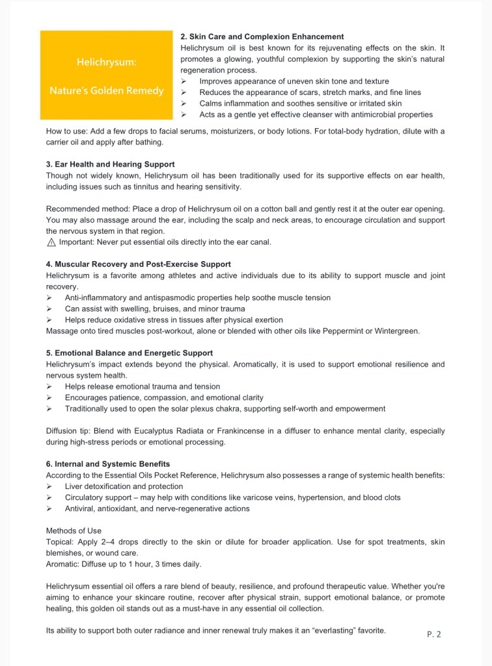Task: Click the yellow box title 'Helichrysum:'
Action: coord(107,62)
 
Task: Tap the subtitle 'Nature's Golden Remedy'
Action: coord(107,90)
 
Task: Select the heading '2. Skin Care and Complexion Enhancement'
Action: coord(262,36)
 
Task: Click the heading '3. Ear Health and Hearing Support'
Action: coord(110,164)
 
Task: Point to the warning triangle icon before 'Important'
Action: coord(51,242)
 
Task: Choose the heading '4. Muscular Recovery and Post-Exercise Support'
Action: coord(138,264)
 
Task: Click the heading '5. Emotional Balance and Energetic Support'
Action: coord(130,353)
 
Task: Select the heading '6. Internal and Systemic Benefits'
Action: coord(108,464)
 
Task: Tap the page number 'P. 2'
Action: coord(434,634)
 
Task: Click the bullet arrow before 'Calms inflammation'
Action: coord(184,104)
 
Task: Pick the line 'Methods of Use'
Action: coord(74,531)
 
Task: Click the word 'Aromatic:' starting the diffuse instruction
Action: coord(63,564)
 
